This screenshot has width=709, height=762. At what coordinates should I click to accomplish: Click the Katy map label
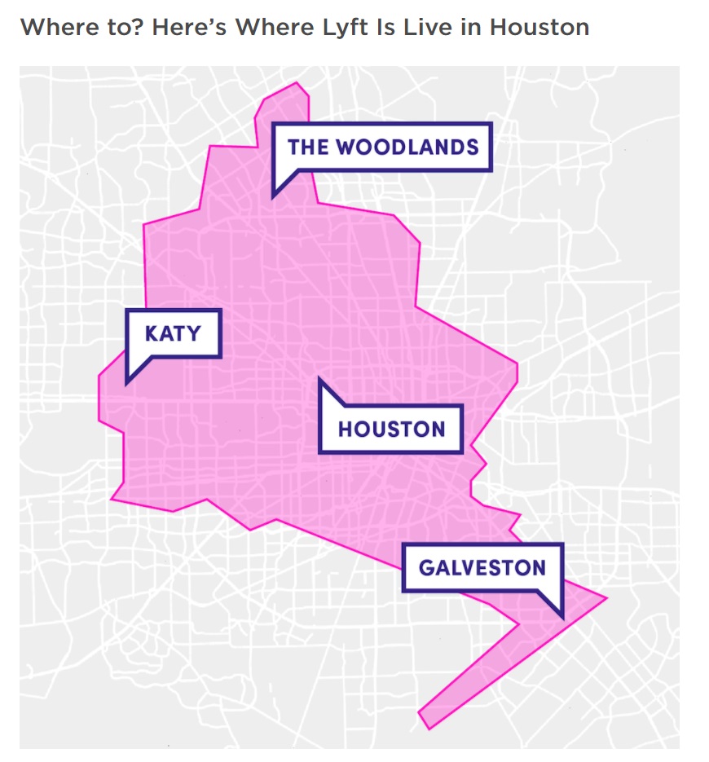[x=172, y=333]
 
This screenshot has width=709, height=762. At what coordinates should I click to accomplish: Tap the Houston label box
[x=391, y=429]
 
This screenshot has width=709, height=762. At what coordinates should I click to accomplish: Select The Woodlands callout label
[x=382, y=147]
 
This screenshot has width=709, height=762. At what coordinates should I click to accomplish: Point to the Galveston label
[x=482, y=567]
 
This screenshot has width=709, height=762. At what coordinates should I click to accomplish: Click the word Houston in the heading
[x=539, y=27]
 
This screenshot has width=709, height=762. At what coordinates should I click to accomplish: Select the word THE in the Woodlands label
[x=308, y=147]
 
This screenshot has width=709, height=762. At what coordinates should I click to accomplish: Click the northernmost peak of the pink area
[x=298, y=84]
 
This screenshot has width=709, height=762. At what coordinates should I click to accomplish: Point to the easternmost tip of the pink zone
[x=606, y=598]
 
